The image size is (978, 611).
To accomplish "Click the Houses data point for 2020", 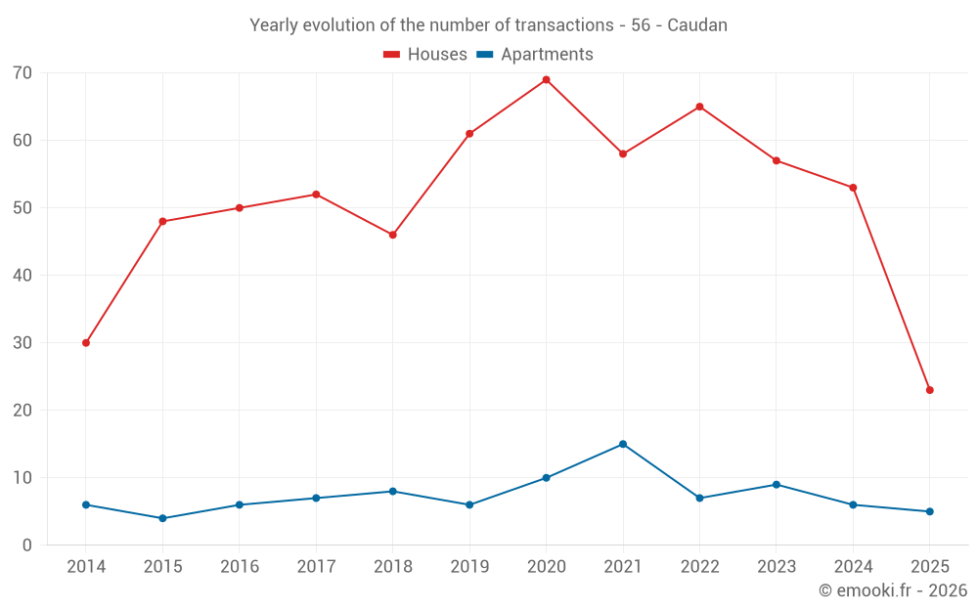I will (546, 80).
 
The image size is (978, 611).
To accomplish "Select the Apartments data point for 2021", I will (623, 444).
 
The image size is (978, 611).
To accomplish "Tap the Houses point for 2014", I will (86, 343).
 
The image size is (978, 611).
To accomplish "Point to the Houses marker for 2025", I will (929, 390).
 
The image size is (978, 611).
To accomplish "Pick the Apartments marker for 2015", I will (162, 518).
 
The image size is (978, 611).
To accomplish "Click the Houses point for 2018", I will (392, 235).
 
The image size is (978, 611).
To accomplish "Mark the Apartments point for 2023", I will (777, 485).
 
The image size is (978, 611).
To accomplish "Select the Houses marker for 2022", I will (699, 107).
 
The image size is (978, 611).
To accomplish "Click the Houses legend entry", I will (425, 55).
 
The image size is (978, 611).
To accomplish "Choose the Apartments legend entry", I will (535, 55).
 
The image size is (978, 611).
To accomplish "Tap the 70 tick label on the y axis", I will (22, 73).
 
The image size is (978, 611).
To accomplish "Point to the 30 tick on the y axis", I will (22, 343).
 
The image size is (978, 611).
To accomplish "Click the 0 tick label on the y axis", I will (27, 546).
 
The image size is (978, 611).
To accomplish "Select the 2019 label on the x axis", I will (469, 567).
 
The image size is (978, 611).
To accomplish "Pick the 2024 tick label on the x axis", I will (853, 567).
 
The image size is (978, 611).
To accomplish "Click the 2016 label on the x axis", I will (240, 567).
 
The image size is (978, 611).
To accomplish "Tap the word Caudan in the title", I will (697, 25).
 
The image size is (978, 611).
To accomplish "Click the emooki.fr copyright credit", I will (892, 590).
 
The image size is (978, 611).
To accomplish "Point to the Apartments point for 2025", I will (929, 511).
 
